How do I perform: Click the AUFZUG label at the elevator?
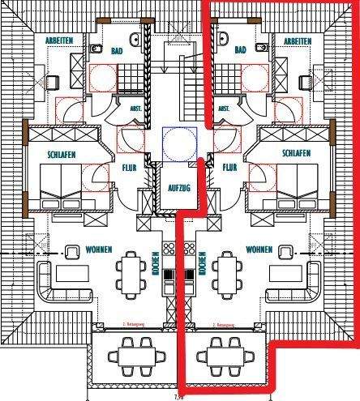[178, 187]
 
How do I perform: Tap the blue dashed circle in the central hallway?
[178, 142]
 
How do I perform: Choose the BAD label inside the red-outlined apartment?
[239, 50]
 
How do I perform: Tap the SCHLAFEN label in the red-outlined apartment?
[298, 152]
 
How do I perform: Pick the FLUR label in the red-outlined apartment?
[228, 169]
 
